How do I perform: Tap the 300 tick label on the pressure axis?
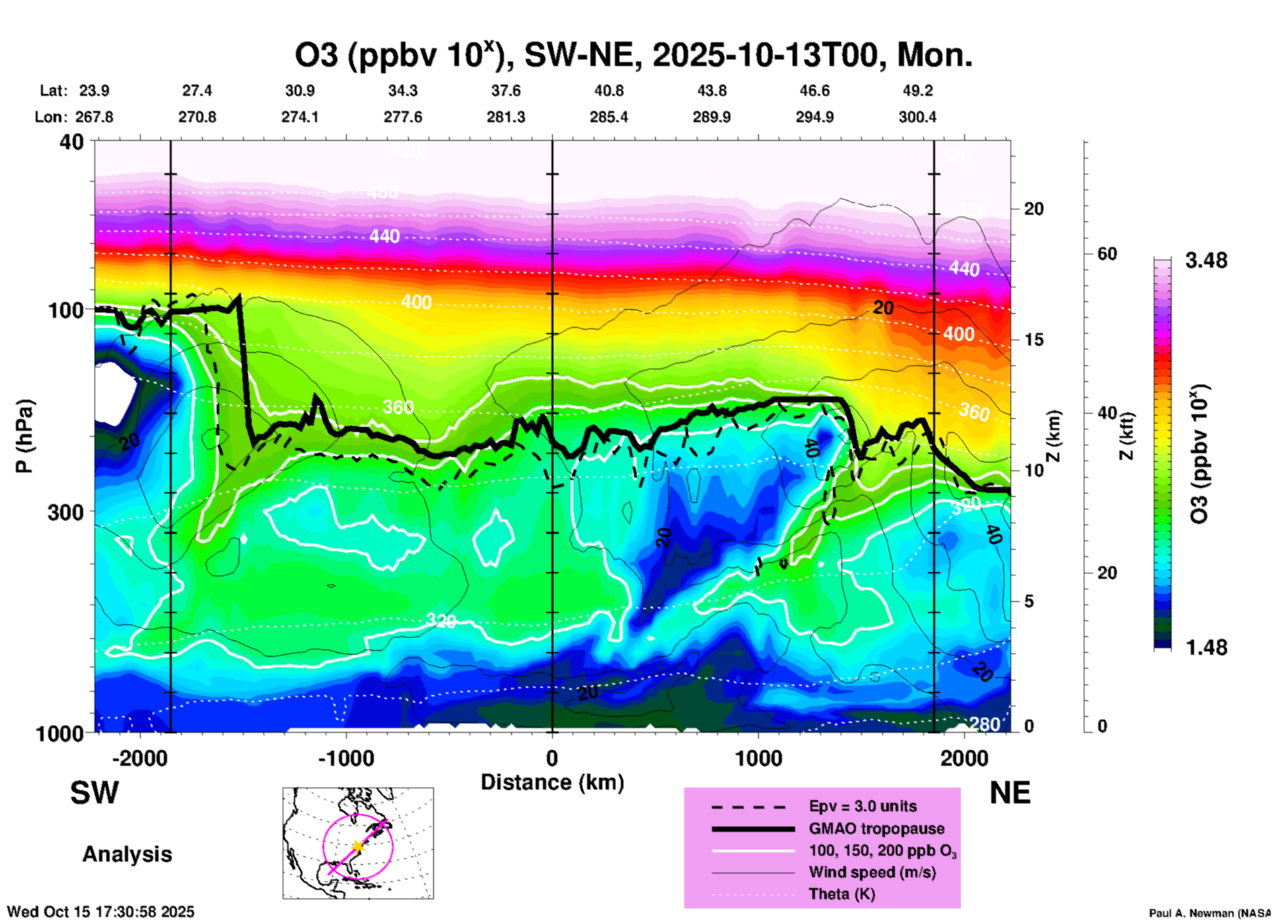[67, 512]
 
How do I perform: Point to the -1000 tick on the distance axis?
[346, 758]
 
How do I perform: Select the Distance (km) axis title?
[552, 782]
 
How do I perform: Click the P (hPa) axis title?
[24, 436]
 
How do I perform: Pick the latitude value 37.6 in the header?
[506, 91]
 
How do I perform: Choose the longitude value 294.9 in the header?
[814, 117]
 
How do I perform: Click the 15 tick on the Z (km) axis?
[1034, 340]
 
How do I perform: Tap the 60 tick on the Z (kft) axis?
[1107, 254]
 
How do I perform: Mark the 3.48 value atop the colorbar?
[1206, 261]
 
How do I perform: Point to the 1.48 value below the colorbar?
[1206, 647]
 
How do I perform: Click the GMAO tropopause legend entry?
[876, 829]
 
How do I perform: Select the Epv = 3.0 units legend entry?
[863, 806]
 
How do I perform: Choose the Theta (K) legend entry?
[841, 894]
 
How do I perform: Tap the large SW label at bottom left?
[94, 793]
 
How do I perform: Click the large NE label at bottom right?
[1010, 793]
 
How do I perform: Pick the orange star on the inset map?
[358, 846]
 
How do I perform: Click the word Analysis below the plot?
[127, 854]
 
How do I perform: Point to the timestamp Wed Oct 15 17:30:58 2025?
[100, 912]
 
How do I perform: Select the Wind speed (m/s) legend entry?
[872, 872]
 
